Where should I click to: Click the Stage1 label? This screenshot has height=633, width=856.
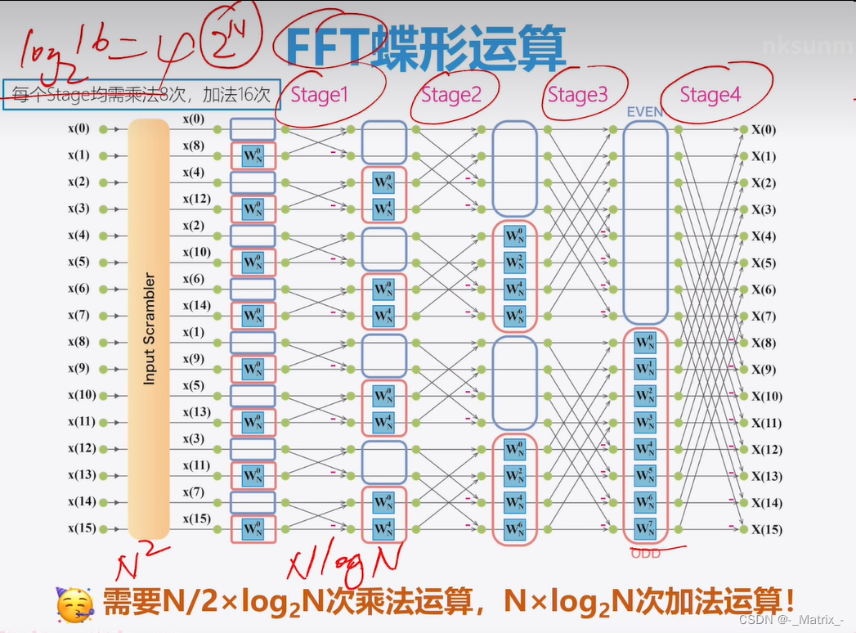point(319,95)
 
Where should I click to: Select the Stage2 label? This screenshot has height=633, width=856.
point(451,95)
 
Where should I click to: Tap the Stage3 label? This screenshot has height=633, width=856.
point(578,95)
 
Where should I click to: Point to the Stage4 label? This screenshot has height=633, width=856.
point(710,95)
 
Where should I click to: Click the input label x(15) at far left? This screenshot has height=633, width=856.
point(82,528)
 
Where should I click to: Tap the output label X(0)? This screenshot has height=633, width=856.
point(764,130)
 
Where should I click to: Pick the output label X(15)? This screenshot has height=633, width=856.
point(766,529)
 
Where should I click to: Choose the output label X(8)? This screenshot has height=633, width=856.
point(764,343)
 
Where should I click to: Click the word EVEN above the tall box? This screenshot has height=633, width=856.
point(645,112)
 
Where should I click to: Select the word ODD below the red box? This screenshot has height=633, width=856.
point(645,554)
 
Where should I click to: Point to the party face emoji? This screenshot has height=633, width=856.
point(74,604)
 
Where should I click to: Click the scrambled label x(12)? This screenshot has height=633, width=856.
point(197,199)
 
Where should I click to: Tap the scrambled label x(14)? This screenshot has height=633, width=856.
point(197,305)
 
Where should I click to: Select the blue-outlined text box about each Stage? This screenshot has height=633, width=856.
point(141,94)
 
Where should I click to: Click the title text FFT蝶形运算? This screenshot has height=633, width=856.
point(425,47)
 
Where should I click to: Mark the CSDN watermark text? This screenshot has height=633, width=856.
point(791,620)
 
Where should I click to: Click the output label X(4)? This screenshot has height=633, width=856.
point(764,236)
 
